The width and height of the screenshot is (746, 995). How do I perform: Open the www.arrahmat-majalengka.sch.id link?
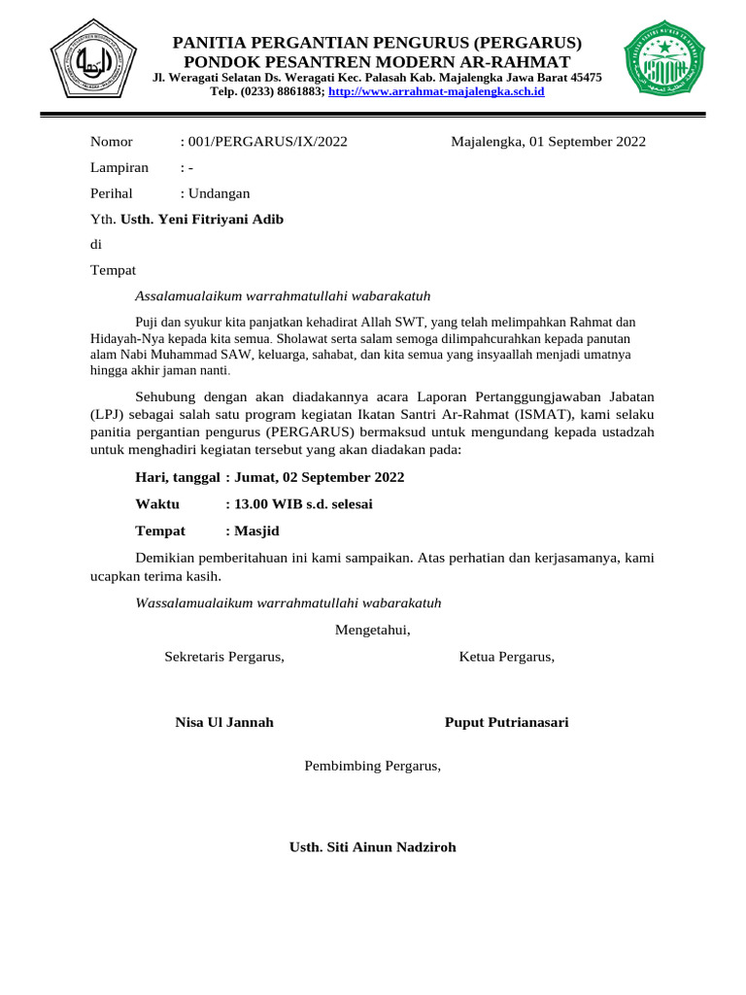436,91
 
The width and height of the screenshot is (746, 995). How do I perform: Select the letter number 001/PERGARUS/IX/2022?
267,142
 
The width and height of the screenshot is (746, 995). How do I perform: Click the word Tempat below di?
113,270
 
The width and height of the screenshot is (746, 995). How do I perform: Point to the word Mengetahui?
372,630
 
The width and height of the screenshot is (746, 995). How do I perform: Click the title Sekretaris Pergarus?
224,657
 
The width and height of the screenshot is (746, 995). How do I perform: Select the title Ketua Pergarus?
506,657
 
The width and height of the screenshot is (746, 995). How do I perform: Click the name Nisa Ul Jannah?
224,722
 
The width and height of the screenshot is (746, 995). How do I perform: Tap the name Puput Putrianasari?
506,722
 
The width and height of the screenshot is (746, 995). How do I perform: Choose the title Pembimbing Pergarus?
372,766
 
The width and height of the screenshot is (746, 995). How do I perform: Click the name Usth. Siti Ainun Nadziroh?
372,847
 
